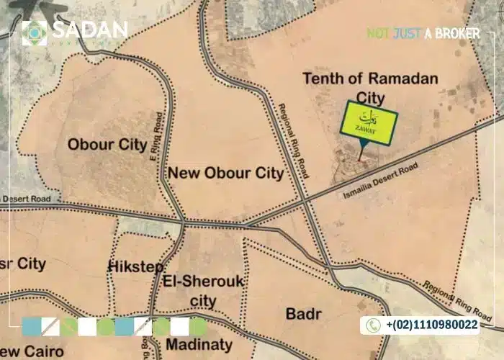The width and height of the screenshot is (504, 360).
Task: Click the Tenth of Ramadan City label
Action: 370,88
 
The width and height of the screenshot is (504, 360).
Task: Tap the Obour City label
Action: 107,144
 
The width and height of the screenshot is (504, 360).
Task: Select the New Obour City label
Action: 225,174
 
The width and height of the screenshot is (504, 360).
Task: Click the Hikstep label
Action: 135,267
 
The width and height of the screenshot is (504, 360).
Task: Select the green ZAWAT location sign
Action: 369,121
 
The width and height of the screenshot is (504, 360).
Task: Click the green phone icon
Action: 373,325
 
